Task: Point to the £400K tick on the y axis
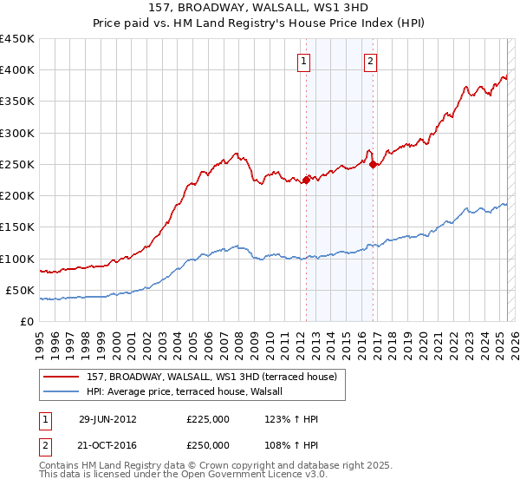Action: [18, 70]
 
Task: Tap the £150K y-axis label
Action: [18, 227]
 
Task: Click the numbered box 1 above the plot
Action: [305, 62]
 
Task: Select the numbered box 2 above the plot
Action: [371, 62]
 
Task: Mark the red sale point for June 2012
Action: [306, 180]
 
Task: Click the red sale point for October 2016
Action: [373, 164]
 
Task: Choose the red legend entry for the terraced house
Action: [217, 376]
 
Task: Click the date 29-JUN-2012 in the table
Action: [107, 419]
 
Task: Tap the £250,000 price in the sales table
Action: [208, 444]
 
